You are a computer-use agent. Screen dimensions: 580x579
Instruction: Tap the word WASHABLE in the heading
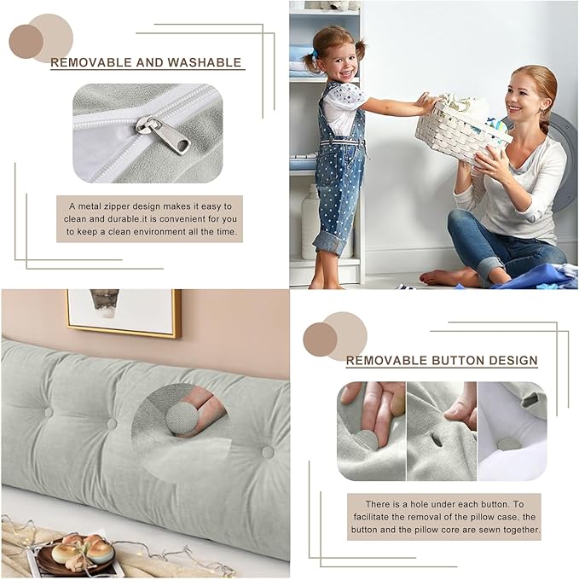pos(204,62)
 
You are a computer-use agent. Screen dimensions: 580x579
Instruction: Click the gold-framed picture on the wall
pos(123,311)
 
